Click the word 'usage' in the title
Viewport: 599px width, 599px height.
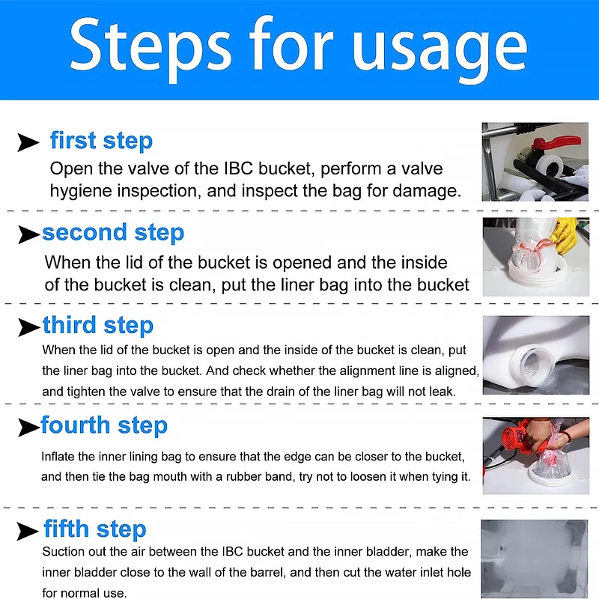[440, 49]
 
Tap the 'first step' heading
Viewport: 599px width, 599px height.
[101, 140]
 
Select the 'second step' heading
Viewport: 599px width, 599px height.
[113, 233]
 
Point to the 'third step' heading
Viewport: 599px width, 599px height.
[98, 326]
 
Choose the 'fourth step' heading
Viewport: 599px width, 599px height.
[104, 425]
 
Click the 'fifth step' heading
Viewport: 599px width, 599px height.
[95, 529]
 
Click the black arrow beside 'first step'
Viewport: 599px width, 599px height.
[28, 142]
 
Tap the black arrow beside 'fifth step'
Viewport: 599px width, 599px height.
[28, 532]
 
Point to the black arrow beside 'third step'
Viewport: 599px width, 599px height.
[29, 327]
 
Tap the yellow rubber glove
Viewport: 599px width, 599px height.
[565, 235]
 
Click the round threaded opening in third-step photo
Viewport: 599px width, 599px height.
[532, 363]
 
